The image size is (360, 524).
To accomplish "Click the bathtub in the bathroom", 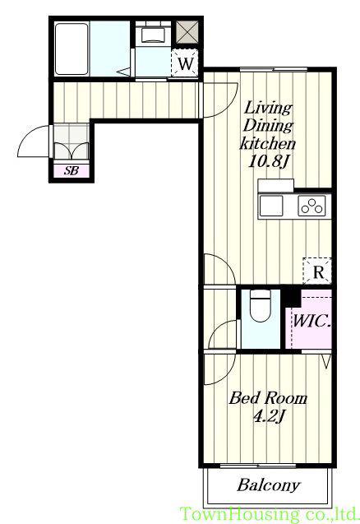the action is [72, 49].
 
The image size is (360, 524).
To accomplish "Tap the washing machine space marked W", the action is [185, 63].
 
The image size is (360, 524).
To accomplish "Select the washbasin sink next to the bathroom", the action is [154, 35].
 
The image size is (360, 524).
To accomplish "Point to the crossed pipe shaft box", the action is [187, 32].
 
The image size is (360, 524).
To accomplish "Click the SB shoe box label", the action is [72, 171].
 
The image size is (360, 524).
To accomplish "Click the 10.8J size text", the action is [268, 162].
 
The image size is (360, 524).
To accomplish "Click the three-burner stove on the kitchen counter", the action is [312, 206].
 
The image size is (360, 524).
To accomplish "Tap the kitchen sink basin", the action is [271, 206].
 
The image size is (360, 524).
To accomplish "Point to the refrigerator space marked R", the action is [317, 271].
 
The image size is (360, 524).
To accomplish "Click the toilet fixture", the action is [261, 305].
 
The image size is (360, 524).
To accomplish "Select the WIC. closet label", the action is [312, 321].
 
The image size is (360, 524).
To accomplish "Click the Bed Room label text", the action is [268, 398].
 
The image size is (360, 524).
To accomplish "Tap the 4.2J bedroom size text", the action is [269, 417].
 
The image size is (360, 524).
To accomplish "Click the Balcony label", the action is [268, 485].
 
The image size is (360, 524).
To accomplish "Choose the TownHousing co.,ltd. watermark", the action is [269, 513].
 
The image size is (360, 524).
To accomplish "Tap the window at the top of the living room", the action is [274, 69].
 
